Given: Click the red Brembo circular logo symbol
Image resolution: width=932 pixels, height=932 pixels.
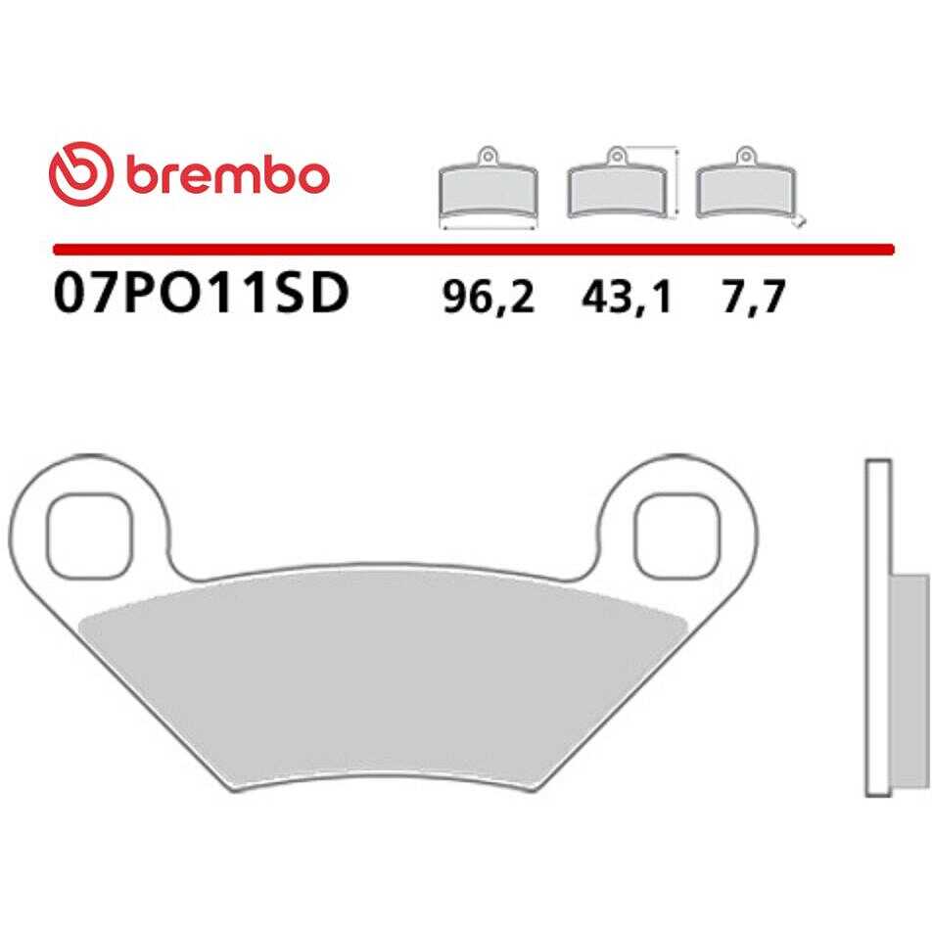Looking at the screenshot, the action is point(81,173).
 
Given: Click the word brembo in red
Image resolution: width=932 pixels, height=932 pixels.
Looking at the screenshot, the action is point(228,176).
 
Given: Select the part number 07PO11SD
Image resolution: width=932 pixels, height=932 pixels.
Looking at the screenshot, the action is point(201,295).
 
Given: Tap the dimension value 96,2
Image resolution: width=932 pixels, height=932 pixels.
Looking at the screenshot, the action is point(489,298).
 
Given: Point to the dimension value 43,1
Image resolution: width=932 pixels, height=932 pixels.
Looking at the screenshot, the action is point(627,298).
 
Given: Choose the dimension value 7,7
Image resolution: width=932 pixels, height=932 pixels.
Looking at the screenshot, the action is point(754,298).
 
